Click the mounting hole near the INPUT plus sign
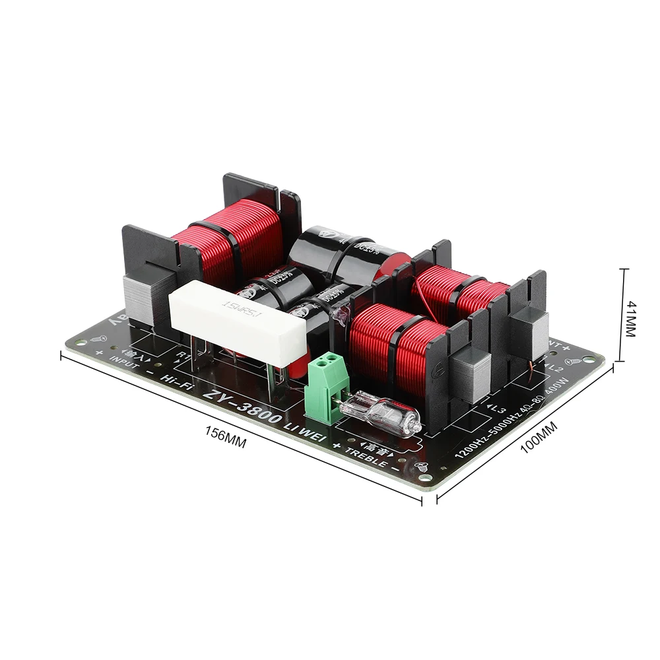click(x=81, y=342)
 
